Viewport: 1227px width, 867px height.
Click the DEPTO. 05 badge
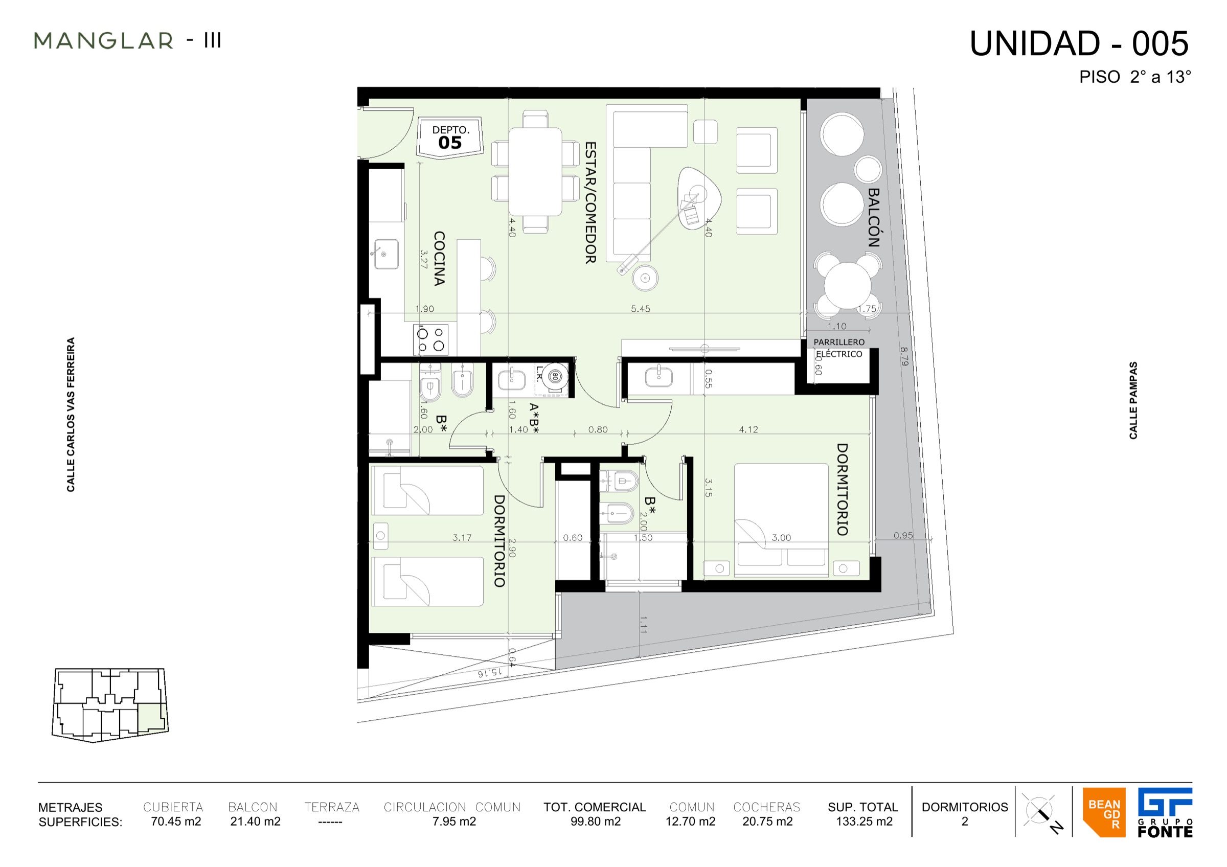450,138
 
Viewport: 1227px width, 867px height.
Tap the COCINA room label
439,259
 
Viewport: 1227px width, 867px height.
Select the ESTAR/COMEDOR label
590,202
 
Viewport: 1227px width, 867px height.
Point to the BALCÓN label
873,217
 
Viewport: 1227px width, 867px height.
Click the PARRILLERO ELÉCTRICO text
838,348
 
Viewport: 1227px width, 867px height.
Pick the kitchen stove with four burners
431,340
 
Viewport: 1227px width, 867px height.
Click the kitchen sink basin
386,254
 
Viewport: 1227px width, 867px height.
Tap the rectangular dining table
535,171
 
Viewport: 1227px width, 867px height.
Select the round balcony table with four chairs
848,285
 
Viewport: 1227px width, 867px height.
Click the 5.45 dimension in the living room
640,309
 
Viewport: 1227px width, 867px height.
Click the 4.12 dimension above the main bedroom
748,429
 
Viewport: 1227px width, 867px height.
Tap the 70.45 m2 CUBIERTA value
176,821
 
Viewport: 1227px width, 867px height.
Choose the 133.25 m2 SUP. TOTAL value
864,821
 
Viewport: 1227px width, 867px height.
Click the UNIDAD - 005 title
1079,43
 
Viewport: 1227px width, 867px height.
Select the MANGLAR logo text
104,40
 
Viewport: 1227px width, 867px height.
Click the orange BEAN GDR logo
1104,811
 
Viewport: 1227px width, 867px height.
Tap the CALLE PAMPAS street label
1133,400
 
